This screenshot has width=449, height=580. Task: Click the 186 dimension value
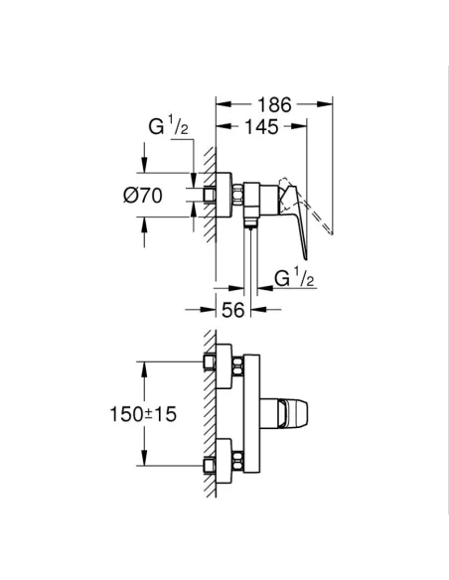pos(273,102)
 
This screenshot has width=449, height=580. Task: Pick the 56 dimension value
pos(233,309)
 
